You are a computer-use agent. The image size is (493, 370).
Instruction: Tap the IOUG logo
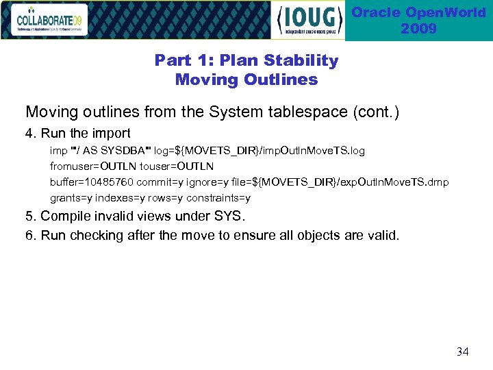tap(309, 21)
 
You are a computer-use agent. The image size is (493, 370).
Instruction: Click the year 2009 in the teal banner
tap(418, 29)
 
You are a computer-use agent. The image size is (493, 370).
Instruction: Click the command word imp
tap(58, 150)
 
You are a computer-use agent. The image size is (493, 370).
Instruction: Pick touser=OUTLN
tap(177, 166)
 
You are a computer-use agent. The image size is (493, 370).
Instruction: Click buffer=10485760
tap(91, 182)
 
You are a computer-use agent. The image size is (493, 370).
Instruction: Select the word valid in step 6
tap(382, 236)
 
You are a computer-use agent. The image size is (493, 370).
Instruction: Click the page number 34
tap(462, 351)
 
